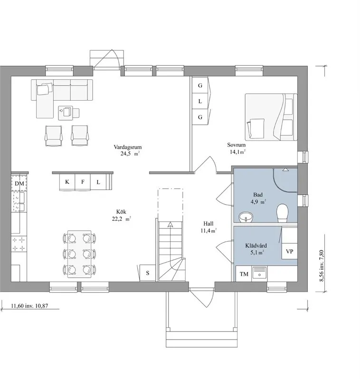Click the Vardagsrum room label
point(128,147)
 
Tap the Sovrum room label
point(236,145)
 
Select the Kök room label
point(121,212)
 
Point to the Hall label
point(208,224)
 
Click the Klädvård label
point(256,246)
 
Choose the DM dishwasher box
point(19,183)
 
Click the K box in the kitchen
point(67,182)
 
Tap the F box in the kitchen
point(83,182)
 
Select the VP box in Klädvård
point(289,251)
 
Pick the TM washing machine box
point(244,274)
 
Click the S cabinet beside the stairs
point(147,273)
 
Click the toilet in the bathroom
point(282,213)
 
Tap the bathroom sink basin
point(246,217)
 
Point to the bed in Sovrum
point(271,117)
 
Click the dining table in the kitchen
point(79,254)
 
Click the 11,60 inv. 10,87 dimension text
point(29,306)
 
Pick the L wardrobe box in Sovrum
point(200,101)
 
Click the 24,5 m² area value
point(130,153)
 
